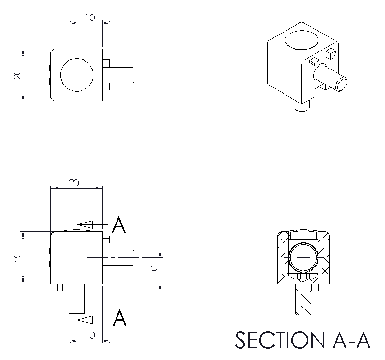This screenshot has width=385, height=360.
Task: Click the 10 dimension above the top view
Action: (x=90, y=17)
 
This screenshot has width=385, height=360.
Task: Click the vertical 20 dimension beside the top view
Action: (x=17, y=74)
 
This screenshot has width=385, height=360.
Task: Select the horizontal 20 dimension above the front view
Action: (x=74, y=183)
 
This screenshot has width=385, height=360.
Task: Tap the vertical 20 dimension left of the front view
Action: (x=17, y=257)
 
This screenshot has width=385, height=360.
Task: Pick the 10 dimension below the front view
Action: (x=90, y=335)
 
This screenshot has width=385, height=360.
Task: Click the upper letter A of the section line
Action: (x=119, y=225)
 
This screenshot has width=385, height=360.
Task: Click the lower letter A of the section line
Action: (x=119, y=319)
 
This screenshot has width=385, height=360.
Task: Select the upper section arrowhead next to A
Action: (x=85, y=224)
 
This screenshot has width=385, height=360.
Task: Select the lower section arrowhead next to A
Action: (x=85, y=319)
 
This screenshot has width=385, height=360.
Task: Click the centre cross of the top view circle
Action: (x=77, y=75)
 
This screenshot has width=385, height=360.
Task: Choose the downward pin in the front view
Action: (x=77, y=298)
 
